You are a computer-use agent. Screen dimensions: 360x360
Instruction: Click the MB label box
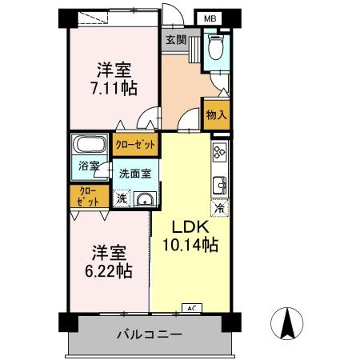point(209,18)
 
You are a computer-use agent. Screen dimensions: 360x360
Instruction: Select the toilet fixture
point(214,49)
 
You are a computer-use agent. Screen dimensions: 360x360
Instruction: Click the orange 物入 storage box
point(216,114)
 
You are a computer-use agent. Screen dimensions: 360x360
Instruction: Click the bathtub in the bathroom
point(90,147)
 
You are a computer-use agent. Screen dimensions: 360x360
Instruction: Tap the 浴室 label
point(89,166)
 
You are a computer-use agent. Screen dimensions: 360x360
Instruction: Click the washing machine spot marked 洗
point(121,198)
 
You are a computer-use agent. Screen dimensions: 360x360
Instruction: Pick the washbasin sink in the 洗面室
point(143,199)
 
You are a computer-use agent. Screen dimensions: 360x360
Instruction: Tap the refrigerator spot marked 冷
point(219,208)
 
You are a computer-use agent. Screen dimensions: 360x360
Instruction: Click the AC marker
point(191,307)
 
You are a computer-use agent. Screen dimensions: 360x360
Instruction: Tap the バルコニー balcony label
point(152,334)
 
